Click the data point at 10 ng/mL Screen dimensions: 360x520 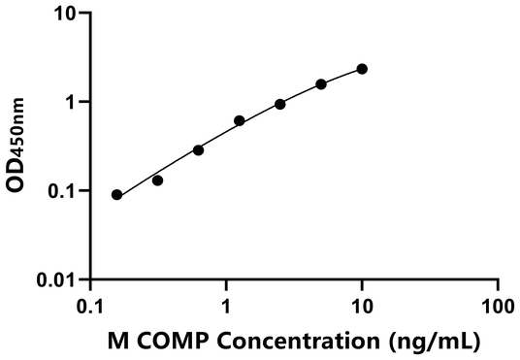pyautogui.click(x=362, y=69)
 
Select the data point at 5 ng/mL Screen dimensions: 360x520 pyautogui.click(x=321, y=84)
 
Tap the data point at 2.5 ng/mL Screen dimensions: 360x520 pyautogui.click(x=280, y=104)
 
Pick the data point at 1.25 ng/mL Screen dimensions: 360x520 pyautogui.click(x=240, y=121)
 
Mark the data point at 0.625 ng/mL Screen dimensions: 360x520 pyautogui.click(x=198, y=149)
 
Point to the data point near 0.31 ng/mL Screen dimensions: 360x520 pyautogui.click(x=157, y=180)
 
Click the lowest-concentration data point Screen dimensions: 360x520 pyautogui.click(x=117, y=195)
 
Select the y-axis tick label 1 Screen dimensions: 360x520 pyautogui.click(x=71, y=102)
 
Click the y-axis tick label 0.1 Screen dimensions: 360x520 pyautogui.click(x=62, y=191)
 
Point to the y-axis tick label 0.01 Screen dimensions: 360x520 pyautogui.click(x=57, y=280)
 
